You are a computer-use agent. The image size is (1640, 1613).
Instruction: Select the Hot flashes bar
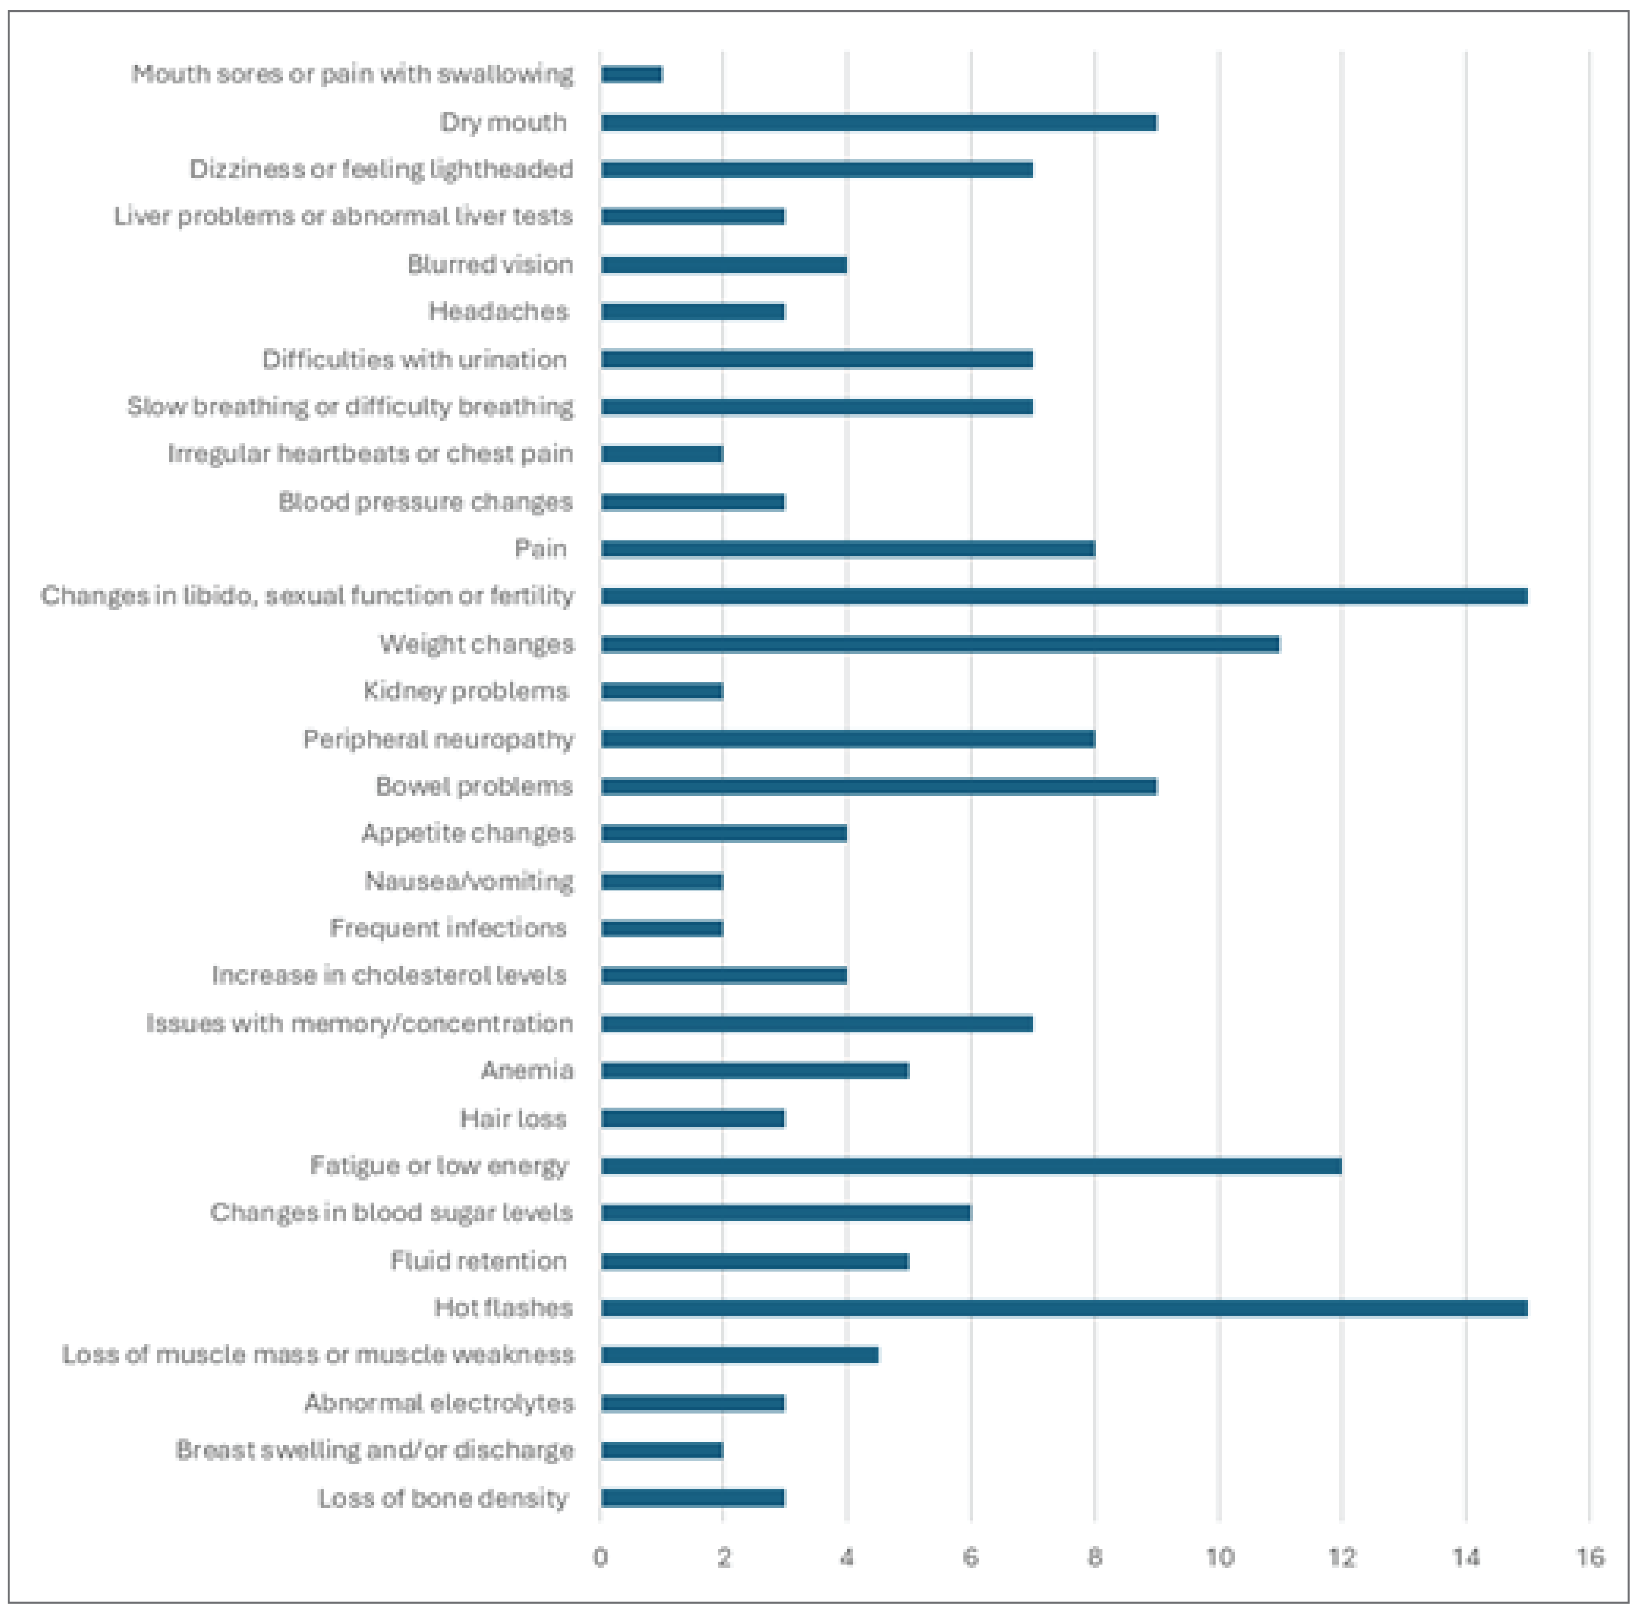coord(1064,1308)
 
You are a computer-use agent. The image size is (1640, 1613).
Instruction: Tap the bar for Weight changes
coord(940,645)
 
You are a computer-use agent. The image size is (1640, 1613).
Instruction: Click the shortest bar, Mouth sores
coord(632,74)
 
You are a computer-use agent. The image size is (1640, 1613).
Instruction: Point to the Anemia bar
coord(755,1071)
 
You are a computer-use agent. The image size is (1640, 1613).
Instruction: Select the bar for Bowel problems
coord(879,786)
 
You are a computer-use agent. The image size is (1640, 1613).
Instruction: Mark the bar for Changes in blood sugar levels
coord(786,1213)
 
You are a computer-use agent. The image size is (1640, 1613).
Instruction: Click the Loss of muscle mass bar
coord(739,1356)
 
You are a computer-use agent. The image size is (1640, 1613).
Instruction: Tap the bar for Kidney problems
coord(662,691)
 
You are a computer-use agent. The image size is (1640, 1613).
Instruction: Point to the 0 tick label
coord(600,1557)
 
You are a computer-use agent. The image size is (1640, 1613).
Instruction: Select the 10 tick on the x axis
coord(1219,1557)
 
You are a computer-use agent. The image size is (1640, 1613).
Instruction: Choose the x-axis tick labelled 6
coord(971,1557)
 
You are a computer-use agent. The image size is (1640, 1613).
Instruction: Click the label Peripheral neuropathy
coord(438,739)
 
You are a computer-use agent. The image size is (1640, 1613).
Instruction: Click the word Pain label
coord(540,549)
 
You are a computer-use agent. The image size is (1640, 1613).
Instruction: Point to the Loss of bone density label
coord(442,1498)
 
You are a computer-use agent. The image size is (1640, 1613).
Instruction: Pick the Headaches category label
coord(498,312)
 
